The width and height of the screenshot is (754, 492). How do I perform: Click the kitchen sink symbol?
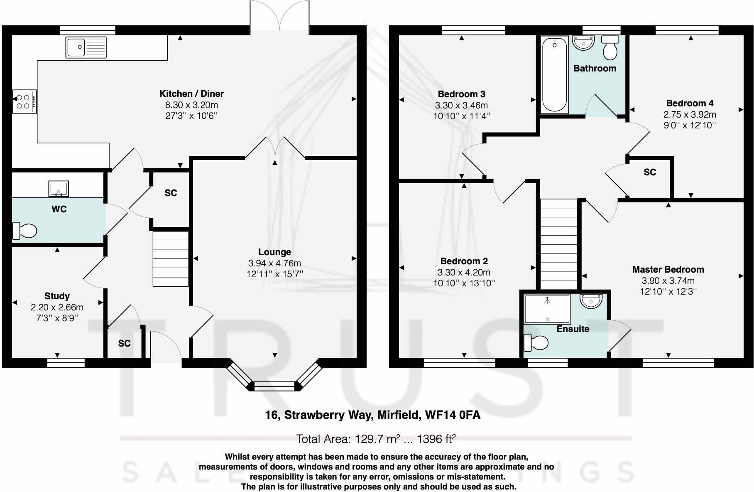tap(86, 47)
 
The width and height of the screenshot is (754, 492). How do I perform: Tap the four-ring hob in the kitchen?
tap(24, 101)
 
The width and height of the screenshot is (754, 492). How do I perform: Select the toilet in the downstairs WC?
tap(24, 231)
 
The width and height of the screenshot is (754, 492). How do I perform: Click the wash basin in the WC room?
tap(59, 189)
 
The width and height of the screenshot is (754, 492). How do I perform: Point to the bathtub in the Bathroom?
tap(554, 75)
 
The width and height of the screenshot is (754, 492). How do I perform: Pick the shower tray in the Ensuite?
tap(547, 309)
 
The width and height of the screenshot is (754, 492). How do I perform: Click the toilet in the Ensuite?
tap(536, 343)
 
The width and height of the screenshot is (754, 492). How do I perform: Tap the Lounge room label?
tap(274, 252)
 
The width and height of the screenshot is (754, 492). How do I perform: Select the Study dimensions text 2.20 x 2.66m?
tap(57, 307)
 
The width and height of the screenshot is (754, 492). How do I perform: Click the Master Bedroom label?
tap(668, 269)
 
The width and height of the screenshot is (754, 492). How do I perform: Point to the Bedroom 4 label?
tap(690, 103)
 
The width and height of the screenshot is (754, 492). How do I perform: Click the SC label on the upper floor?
tap(650, 172)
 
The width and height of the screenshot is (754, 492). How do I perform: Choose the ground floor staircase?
tap(171, 258)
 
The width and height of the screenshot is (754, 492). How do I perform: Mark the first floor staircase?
tap(558, 244)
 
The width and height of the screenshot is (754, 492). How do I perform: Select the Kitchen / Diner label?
tap(191, 93)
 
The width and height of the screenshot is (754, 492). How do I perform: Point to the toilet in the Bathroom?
tap(610, 48)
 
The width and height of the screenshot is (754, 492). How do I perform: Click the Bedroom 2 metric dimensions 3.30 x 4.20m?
tap(464, 272)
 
